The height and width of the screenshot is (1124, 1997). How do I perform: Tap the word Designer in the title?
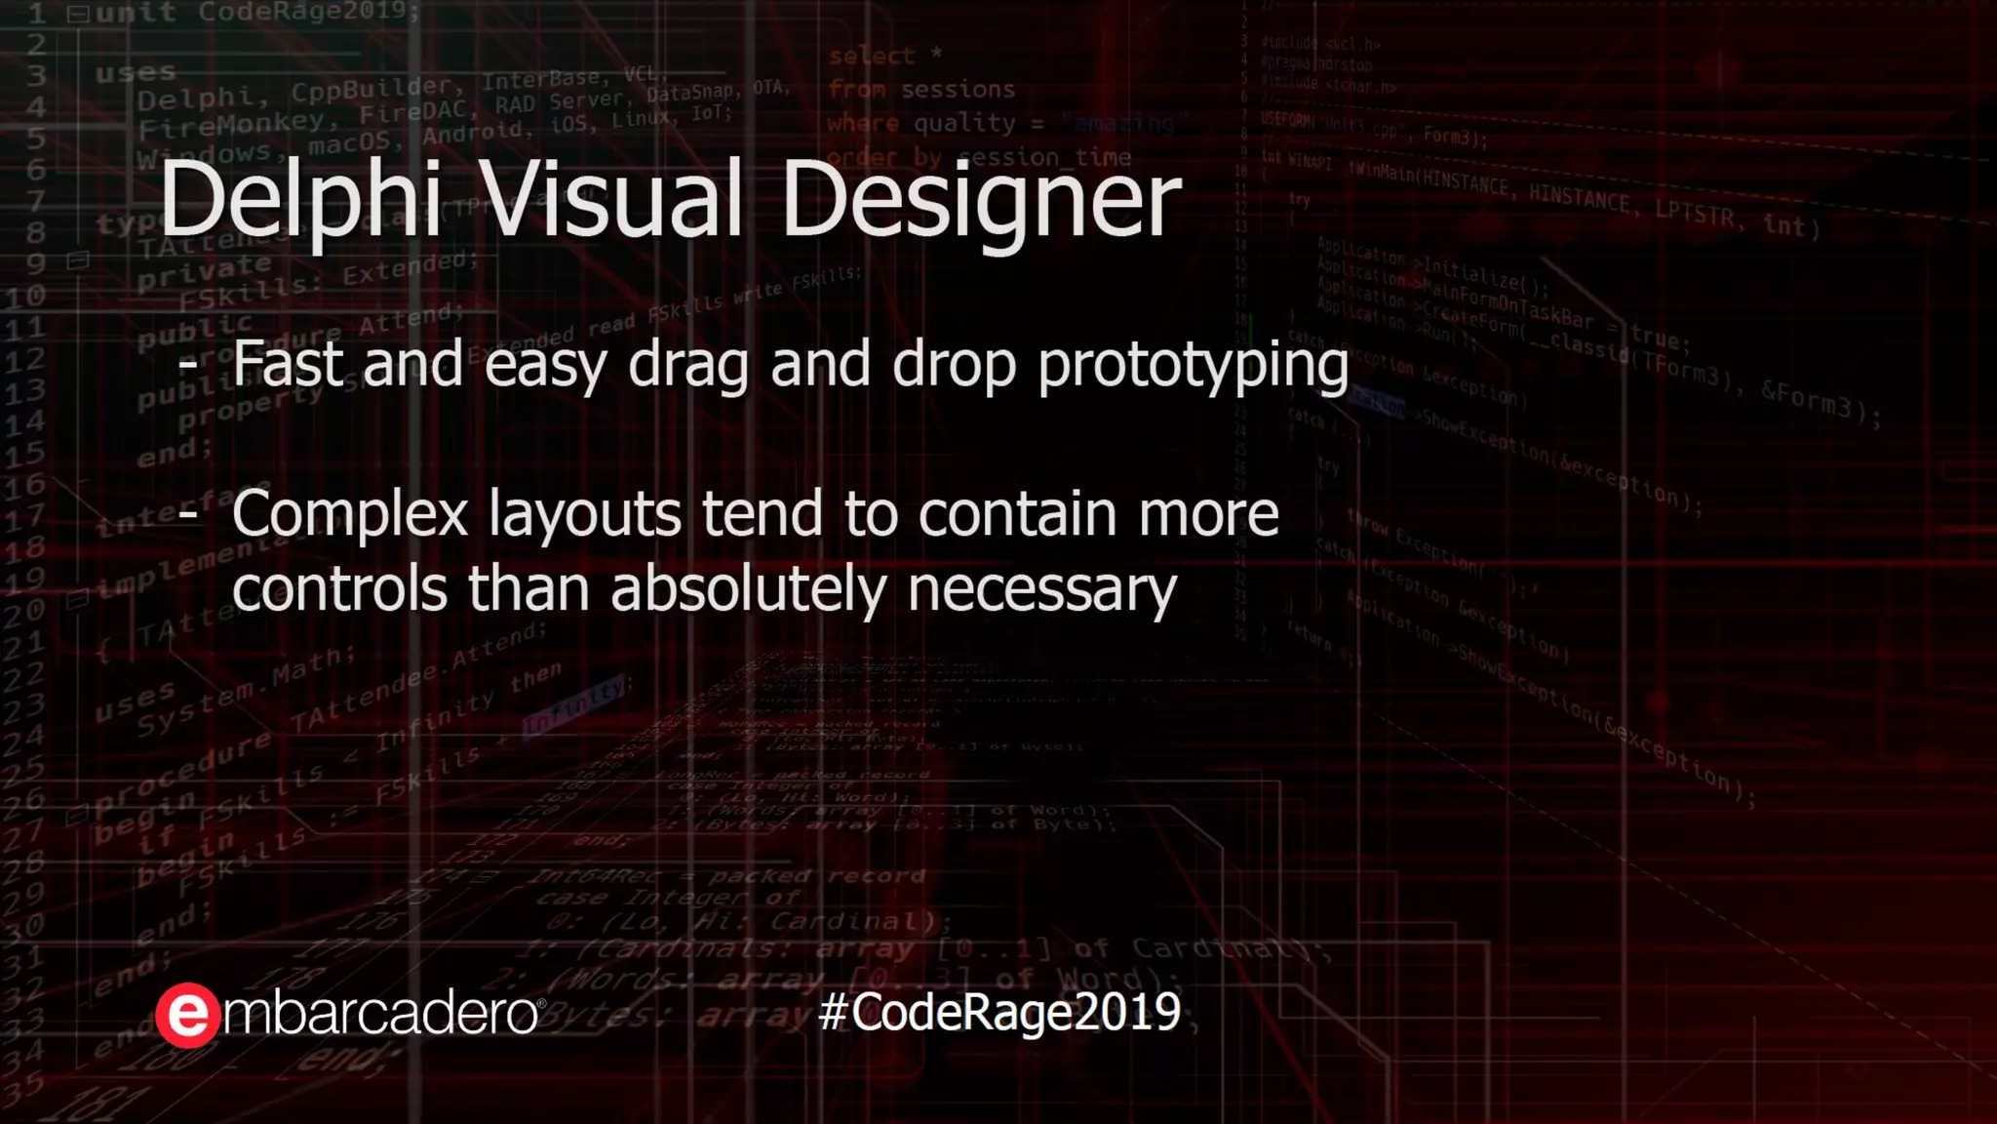[x=981, y=200]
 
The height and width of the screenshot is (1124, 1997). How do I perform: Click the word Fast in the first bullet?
[x=288, y=364]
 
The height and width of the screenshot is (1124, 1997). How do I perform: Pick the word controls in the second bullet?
[x=339, y=589]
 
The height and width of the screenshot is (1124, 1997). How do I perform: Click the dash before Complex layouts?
[x=188, y=511]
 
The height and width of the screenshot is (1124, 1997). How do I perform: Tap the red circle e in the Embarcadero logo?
[x=187, y=1016]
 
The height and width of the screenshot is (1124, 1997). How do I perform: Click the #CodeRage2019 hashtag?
[x=999, y=1012]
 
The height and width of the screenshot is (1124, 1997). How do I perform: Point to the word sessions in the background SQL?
[x=958, y=90]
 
